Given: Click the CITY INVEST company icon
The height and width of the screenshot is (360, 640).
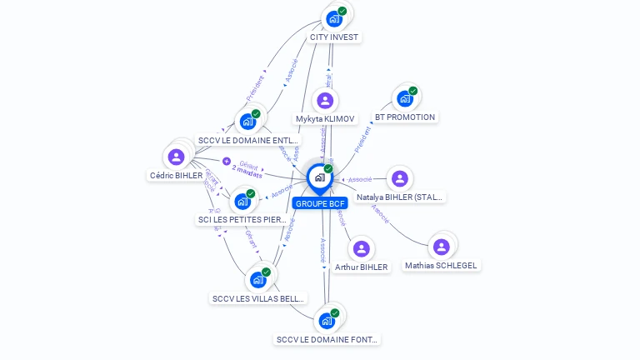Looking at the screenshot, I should (334, 18).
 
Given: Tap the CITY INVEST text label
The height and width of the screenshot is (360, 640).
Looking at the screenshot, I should (334, 37).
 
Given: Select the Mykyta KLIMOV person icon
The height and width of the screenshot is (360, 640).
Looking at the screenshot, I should (325, 101).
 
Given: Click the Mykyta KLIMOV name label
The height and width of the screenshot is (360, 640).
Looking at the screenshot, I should (325, 119).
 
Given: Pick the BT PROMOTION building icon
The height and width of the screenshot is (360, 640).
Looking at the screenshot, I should (405, 98).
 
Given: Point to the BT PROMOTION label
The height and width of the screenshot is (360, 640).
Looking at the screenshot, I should (405, 117).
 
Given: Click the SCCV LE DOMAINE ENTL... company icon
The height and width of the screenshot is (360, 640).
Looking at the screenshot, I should (247, 121).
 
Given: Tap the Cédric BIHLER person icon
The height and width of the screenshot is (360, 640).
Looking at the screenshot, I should (176, 157).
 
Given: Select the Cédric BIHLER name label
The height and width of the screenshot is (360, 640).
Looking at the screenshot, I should (176, 176).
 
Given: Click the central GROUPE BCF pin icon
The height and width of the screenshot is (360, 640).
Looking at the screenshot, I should (319, 177).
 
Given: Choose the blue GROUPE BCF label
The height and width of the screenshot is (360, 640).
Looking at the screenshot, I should (320, 203).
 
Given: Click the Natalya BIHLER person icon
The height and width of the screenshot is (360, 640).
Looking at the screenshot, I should (400, 178).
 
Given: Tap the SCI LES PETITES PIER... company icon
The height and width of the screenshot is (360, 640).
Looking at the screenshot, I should (242, 201).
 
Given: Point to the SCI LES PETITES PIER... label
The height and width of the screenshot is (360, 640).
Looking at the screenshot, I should (242, 220).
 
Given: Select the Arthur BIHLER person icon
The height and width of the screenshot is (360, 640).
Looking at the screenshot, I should (361, 248).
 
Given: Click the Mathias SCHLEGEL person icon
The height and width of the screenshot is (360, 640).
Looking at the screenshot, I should (442, 247).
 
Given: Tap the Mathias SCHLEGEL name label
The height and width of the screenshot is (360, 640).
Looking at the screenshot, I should (442, 266).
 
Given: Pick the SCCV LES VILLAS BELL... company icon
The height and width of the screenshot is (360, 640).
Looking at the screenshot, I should (258, 279).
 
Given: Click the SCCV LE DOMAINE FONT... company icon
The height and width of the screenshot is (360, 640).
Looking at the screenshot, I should (327, 320).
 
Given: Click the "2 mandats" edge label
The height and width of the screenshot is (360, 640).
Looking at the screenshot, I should (247, 174).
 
